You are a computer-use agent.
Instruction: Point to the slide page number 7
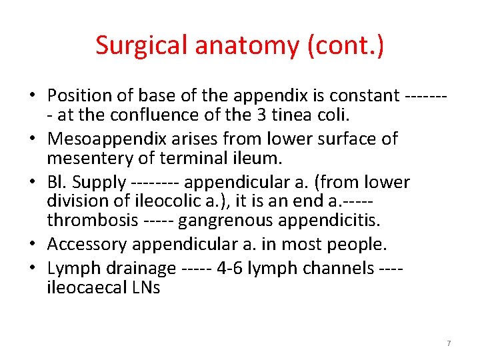click(448, 343)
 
